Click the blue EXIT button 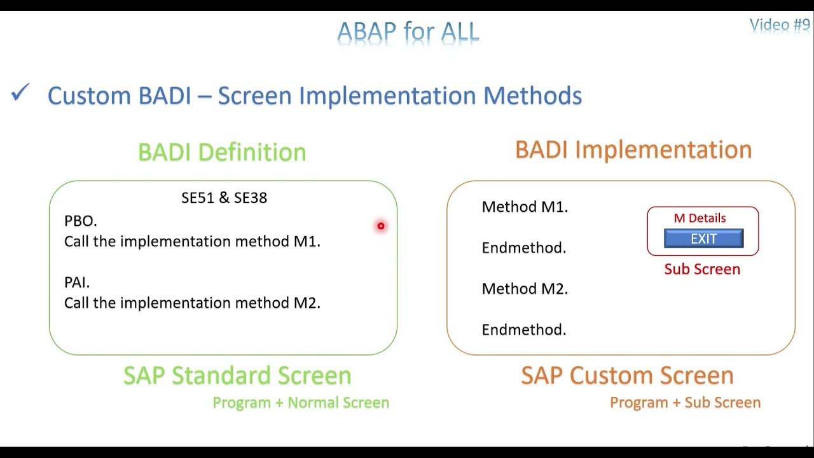[x=703, y=239]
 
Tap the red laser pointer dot [x=381, y=226]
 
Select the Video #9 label [x=780, y=25]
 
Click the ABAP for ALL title [x=408, y=31]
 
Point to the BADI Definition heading [x=222, y=152]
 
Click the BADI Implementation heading [x=633, y=149]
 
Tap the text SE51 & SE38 [x=224, y=198]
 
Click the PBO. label [x=81, y=221]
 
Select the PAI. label [x=77, y=282]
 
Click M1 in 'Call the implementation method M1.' [x=307, y=241]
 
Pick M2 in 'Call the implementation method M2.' [x=307, y=303]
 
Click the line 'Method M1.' [x=525, y=207]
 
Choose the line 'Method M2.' [x=525, y=289]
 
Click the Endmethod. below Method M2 [x=524, y=330]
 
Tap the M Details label [x=700, y=218]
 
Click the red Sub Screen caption [x=702, y=269]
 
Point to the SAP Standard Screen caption [x=237, y=375]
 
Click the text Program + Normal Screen [x=301, y=403]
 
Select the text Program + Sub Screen [x=685, y=403]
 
